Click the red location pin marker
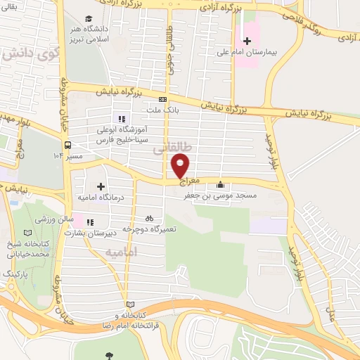[180, 165]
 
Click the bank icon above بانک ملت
[162, 99]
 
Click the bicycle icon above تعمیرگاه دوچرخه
[148, 219]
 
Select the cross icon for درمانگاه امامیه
[101, 187]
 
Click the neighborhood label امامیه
[121, 251]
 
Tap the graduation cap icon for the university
[88, 18]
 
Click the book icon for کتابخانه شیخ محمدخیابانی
[27, 233]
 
